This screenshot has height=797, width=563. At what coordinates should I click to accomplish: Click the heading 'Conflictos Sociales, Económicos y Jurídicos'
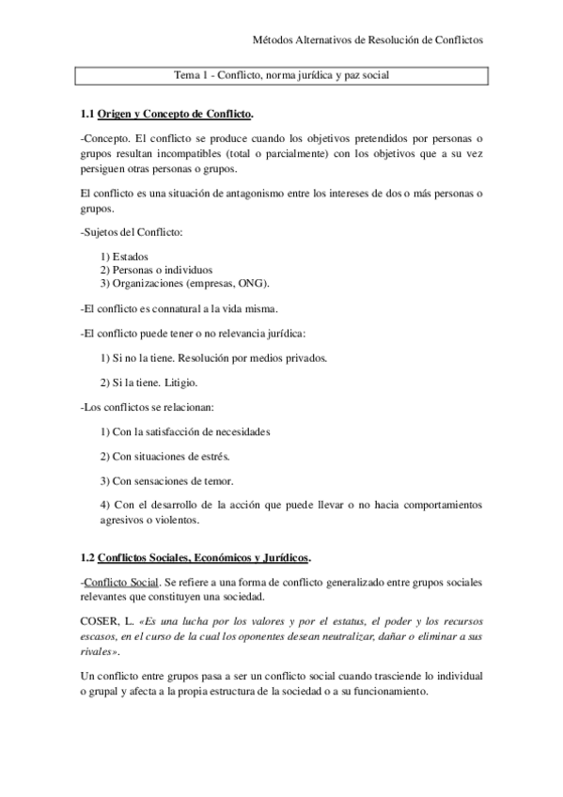click(x=204, y=556)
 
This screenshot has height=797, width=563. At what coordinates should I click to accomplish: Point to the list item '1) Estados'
click(x=124, y=257)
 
